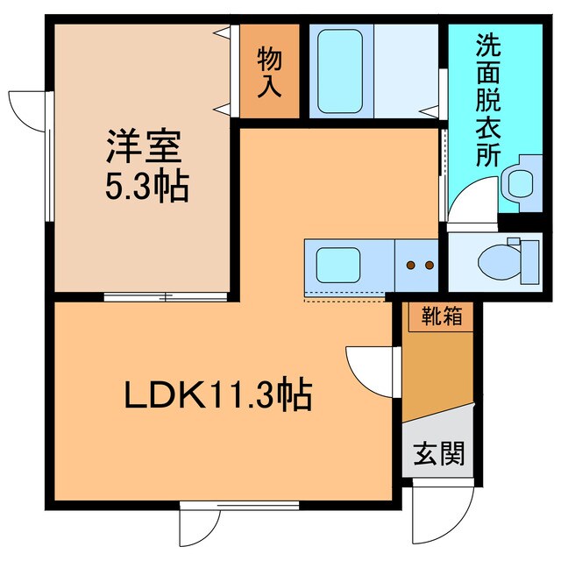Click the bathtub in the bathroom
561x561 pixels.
(x=341, y=72)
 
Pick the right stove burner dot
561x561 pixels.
(x=430, y=265)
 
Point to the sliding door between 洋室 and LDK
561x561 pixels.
(x=167, y=296)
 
